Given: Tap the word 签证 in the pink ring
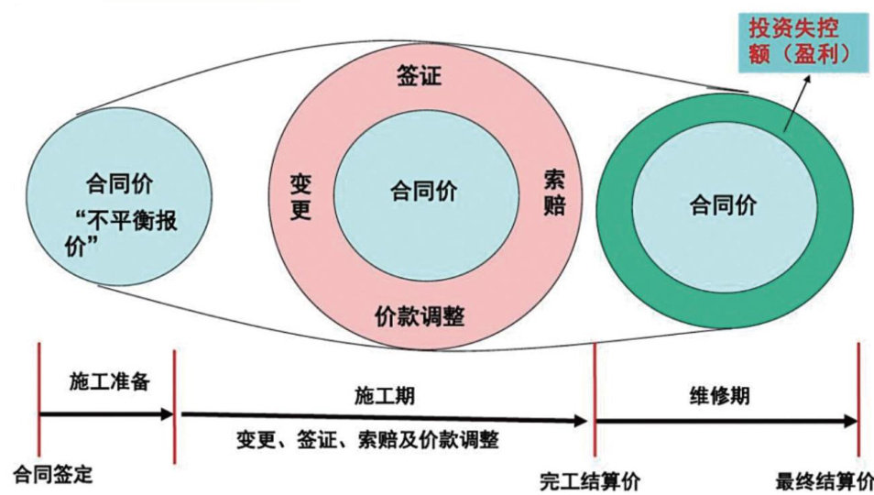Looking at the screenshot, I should point(419,75).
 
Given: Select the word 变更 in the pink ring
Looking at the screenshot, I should point(300,194).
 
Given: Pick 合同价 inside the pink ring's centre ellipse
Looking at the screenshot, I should point(423,192).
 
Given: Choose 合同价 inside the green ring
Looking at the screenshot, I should point(723,205).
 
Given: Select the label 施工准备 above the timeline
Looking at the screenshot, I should point(108,382).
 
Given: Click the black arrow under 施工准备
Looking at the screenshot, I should point(106,414).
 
